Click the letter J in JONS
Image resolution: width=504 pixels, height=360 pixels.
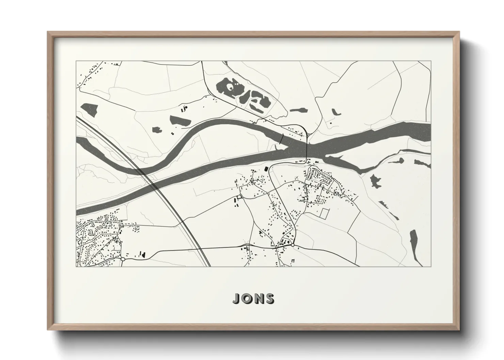pyautogui.click(x=236, y=299)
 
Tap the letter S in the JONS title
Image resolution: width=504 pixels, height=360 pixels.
pyautogui.click(x=270, y=299)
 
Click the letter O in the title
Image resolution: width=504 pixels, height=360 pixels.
pyautogui.click(x=247, y=299)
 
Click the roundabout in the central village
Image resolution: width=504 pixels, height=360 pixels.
pyautogui.click(x=293, y=245)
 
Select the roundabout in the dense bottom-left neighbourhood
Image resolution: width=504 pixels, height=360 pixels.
pyautogui.click(x=122, y=259)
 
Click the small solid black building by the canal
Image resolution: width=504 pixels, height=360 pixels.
pyautogui.click(x=266, y=169)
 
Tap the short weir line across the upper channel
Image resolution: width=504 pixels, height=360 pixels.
pyautogui.click(x=282, y=137)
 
